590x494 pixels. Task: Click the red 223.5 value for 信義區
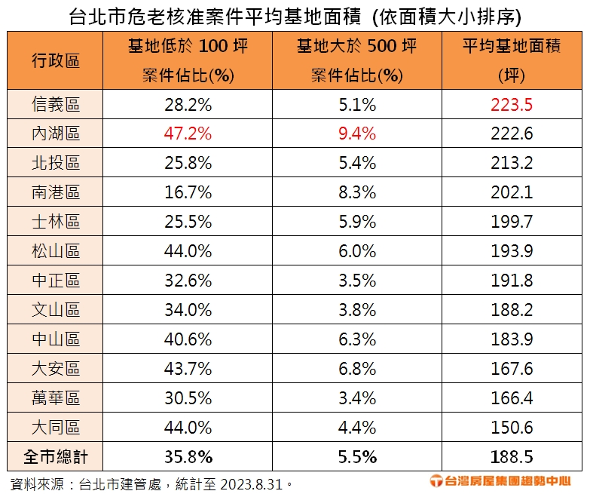click(512, 104)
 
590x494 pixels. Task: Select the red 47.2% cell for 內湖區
click(188, 133)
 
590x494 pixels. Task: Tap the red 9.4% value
click(357, 133)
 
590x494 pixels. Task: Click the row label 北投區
click(56, 163)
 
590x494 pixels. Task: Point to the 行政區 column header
click(56, 60)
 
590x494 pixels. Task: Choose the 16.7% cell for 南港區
click(188, 192)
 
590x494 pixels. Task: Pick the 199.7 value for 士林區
click(512, 222)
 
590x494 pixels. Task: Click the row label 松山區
click(56, 251)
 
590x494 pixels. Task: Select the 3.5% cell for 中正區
click(357, 281)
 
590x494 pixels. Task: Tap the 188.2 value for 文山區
click(512, 310)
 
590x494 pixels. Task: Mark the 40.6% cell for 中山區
click(188, 339)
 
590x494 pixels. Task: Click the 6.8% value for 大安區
click(357, 369)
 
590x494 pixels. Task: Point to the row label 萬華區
click(56, 398)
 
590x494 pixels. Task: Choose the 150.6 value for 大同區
click(512, 428)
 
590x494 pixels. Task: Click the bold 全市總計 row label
click(56, 456)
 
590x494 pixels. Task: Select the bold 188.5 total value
click(512, 456)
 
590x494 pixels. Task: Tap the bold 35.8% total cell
click(188, 456)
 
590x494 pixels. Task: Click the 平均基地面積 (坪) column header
click(512, 60)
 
